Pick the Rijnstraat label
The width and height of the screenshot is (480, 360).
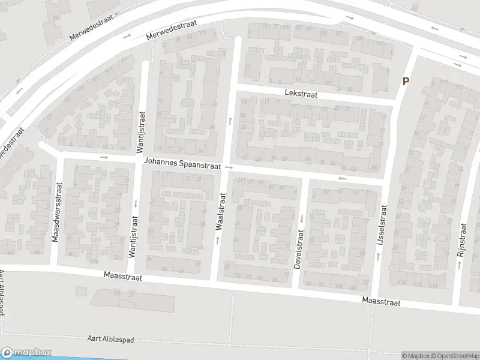462,241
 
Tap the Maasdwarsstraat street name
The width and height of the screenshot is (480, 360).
56,212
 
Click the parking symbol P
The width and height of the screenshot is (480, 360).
406,81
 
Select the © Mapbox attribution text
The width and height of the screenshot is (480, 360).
416,356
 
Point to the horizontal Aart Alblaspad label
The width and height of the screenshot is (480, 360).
110,339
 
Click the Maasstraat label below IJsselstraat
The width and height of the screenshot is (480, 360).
381,301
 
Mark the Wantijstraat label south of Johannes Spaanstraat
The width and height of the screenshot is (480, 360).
132,238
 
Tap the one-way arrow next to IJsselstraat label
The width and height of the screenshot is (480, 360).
378,257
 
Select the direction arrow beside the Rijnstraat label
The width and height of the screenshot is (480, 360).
460,265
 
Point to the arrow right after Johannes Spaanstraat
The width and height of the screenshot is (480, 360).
229,167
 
